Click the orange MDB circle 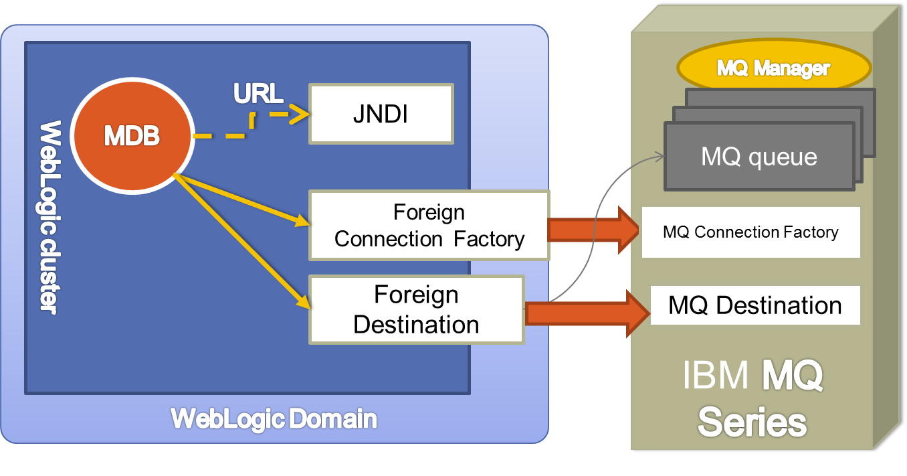click(132, 137)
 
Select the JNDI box click(381, 114)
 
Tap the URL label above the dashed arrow click(258, 94)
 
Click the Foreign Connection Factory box click(429, 226)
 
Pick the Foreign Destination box click(415, 309)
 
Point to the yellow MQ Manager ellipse click(773, 68)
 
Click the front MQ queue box click(759, 157)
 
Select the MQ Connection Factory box click(750, 232)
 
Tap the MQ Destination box click(754, 306)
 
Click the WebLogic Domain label click(274, 419)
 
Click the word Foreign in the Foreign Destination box click(416, 295)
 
